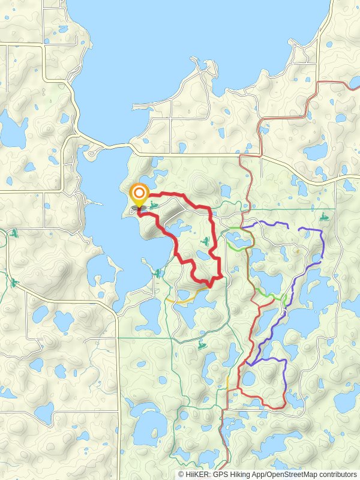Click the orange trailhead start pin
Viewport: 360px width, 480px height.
pos(139,193)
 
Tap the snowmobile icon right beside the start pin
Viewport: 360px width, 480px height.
pos(154,206)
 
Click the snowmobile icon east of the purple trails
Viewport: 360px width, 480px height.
pos(325,216)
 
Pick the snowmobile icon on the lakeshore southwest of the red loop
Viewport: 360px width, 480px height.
pos(157,273)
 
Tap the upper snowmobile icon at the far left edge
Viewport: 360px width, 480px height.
pos(14,232)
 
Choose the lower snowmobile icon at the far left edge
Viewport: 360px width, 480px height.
pos(14,282)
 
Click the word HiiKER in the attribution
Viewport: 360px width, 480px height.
pos(199,474)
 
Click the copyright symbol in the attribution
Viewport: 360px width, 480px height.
pos(181,474)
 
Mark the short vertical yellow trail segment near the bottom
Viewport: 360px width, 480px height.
pos(228,382)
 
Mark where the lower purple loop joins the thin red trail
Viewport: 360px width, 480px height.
pos(247,364)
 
